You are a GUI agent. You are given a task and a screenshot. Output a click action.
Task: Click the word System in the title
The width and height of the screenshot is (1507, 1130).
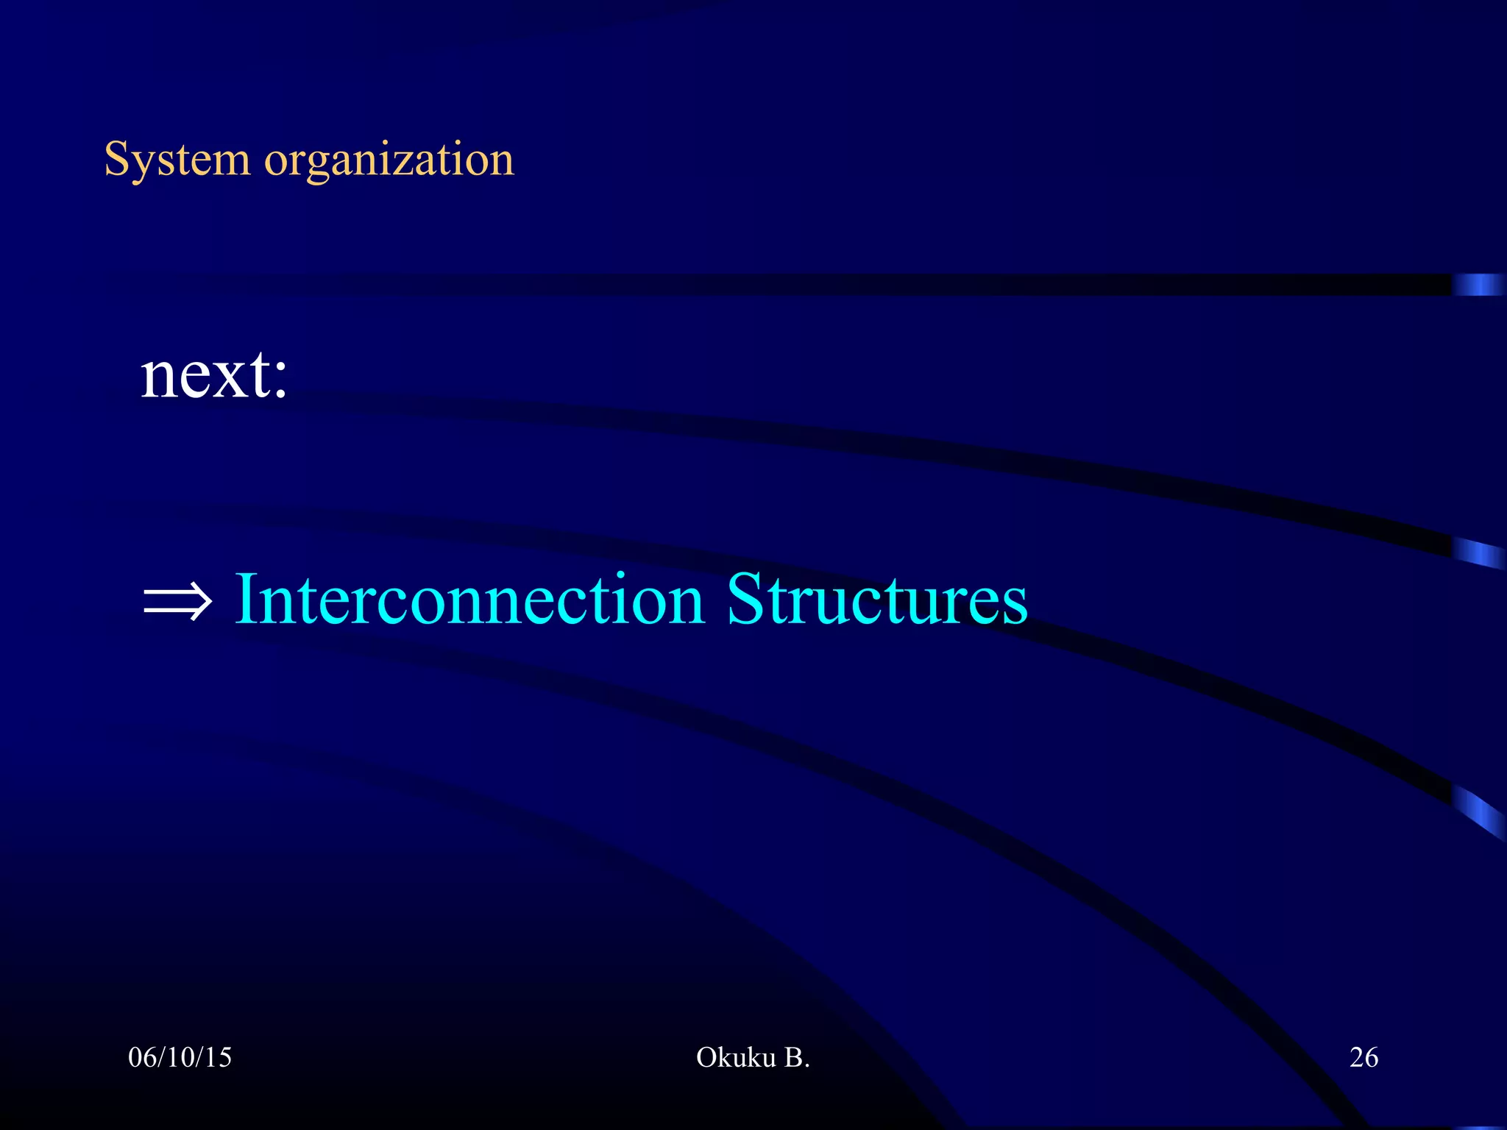[x=177, y=159]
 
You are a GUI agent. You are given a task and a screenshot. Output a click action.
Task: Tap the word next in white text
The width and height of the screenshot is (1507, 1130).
[x=205, y=375]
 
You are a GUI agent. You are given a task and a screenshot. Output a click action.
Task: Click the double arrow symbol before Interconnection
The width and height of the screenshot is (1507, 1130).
[x=177, y=602]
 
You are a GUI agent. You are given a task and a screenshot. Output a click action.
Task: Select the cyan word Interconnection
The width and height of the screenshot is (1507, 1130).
[x=469, y=600]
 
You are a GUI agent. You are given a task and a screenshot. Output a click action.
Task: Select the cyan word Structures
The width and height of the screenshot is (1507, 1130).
[x=876, y=600]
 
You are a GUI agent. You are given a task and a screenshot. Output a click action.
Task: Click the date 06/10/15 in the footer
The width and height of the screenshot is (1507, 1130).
[x=180, y=1057]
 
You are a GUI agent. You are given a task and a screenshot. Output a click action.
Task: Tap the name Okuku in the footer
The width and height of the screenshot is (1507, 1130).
[x=735, y=1057]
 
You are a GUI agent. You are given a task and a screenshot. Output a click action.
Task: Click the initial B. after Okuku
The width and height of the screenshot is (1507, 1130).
[x=796, y=1057]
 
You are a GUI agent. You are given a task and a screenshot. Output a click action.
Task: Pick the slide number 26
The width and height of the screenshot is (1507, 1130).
[x=1363, y=1057]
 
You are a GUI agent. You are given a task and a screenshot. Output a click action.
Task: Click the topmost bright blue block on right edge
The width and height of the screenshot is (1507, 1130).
[x=1478, y=284]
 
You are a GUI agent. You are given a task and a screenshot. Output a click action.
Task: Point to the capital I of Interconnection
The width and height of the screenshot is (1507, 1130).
[x=246, y=600]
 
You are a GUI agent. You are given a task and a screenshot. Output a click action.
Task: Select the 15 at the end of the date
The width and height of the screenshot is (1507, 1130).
[x=219, y=1057]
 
